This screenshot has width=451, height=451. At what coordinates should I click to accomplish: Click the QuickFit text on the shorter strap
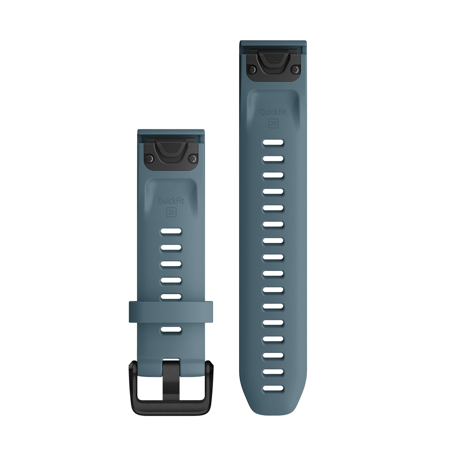coord(171,201)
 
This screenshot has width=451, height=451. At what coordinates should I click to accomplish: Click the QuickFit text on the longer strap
coord(273,112)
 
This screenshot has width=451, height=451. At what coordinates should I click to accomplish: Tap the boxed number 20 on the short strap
coord(171,212)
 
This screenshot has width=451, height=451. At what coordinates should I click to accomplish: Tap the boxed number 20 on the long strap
coord(273,123)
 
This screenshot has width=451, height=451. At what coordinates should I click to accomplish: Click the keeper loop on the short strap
coord(171,309)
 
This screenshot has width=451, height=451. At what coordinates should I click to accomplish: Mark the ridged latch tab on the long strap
coord(273,60)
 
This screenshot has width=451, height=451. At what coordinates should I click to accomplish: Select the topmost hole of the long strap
coord(273,143)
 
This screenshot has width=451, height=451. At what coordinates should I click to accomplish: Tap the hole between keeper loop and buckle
coord(171,330)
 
